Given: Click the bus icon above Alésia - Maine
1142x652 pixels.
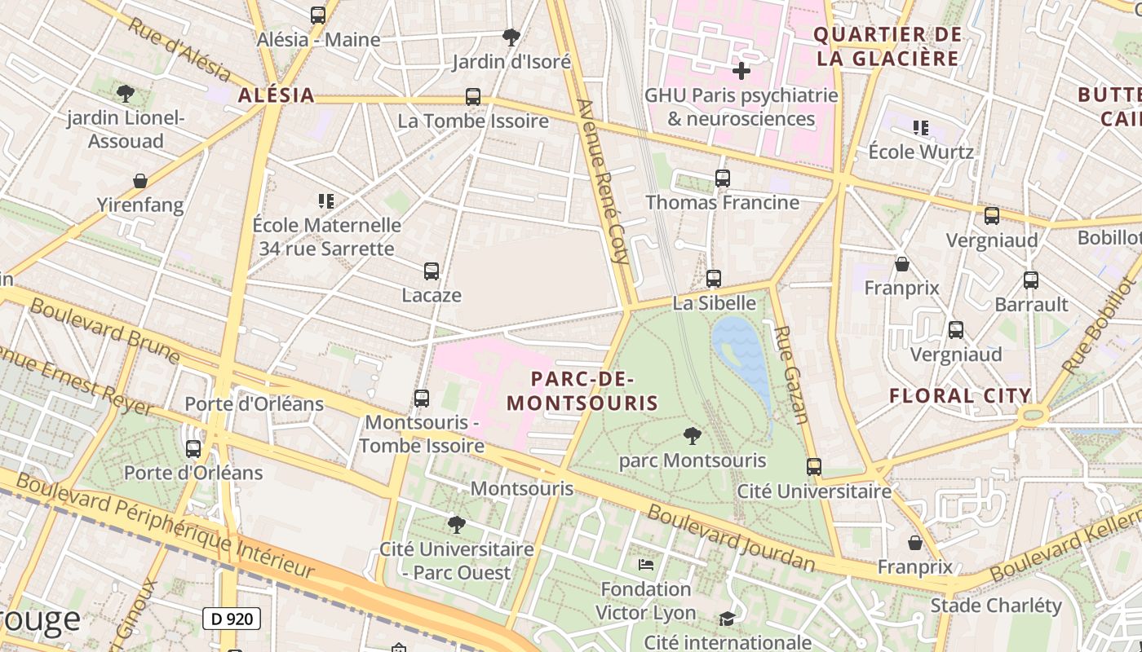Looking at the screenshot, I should point(318,15).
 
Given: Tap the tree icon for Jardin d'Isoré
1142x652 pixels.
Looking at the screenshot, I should point(511,37).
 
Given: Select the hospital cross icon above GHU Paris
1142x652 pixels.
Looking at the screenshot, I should point(741,71).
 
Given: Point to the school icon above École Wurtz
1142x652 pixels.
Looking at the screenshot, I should point(921,128).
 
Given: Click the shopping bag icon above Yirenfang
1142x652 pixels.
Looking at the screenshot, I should point(140,180).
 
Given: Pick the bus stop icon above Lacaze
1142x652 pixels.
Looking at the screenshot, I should point(432,271).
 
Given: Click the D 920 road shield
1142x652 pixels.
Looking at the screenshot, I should point(232,619).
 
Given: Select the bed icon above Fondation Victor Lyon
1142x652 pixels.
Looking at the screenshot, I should point(646,564).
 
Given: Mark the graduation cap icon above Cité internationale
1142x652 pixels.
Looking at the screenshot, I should point(727,619).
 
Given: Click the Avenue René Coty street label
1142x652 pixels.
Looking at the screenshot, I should point(604,181).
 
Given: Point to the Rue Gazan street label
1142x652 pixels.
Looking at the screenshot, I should point(790,375).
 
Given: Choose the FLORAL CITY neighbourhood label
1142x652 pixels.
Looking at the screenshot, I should point(960,396).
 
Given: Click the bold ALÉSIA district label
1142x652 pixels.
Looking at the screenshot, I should point(277,95).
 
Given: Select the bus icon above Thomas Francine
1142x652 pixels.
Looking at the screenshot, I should point(722,178).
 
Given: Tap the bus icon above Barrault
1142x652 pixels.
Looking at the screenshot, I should point(1031,280).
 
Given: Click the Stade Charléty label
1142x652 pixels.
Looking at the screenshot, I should point(996,606).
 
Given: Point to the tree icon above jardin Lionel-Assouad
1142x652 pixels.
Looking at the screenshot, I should point(126,93).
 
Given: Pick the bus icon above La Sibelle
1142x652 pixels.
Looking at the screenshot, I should point(714,279).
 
